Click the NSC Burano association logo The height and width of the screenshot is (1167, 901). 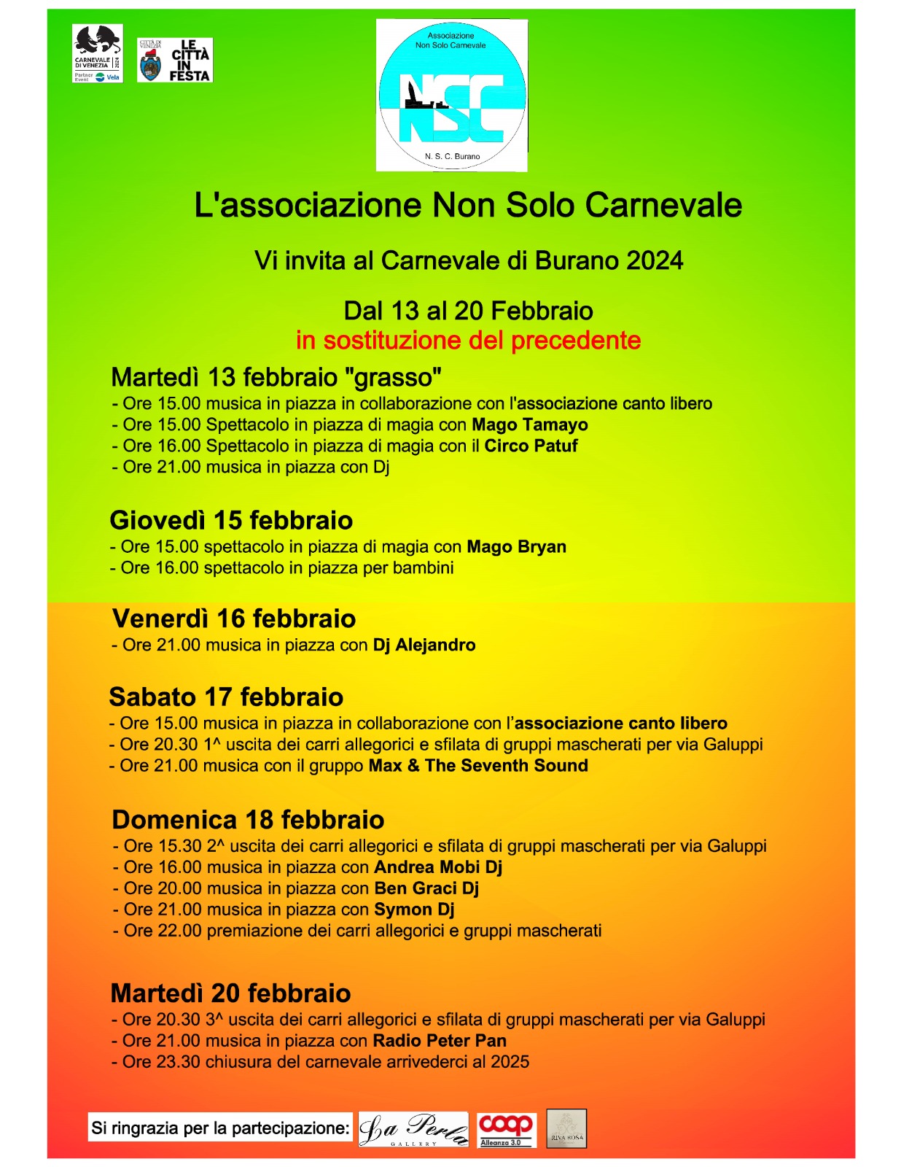451,96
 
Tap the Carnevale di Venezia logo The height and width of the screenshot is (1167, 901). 97,53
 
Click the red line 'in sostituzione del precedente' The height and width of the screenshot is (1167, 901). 468,341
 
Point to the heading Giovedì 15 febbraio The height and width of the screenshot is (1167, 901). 231,521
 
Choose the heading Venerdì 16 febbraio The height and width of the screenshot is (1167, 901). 234,619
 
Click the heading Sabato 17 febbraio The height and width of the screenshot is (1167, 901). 226,697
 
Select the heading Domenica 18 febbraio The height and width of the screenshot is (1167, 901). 248,820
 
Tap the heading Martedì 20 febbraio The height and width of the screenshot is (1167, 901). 230,993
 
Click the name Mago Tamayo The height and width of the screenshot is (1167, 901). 529,424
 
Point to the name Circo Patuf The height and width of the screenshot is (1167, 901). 531,446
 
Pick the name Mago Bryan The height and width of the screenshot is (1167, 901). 516,547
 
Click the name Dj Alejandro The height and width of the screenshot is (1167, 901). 424,645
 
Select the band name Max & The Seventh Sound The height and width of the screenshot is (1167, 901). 478,766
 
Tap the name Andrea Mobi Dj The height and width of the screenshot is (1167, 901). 438,867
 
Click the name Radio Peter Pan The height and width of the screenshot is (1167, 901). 440,1041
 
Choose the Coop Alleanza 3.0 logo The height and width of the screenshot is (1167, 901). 507,1130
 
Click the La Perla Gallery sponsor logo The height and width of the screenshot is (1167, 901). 413,1130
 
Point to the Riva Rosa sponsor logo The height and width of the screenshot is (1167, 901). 566,1129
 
